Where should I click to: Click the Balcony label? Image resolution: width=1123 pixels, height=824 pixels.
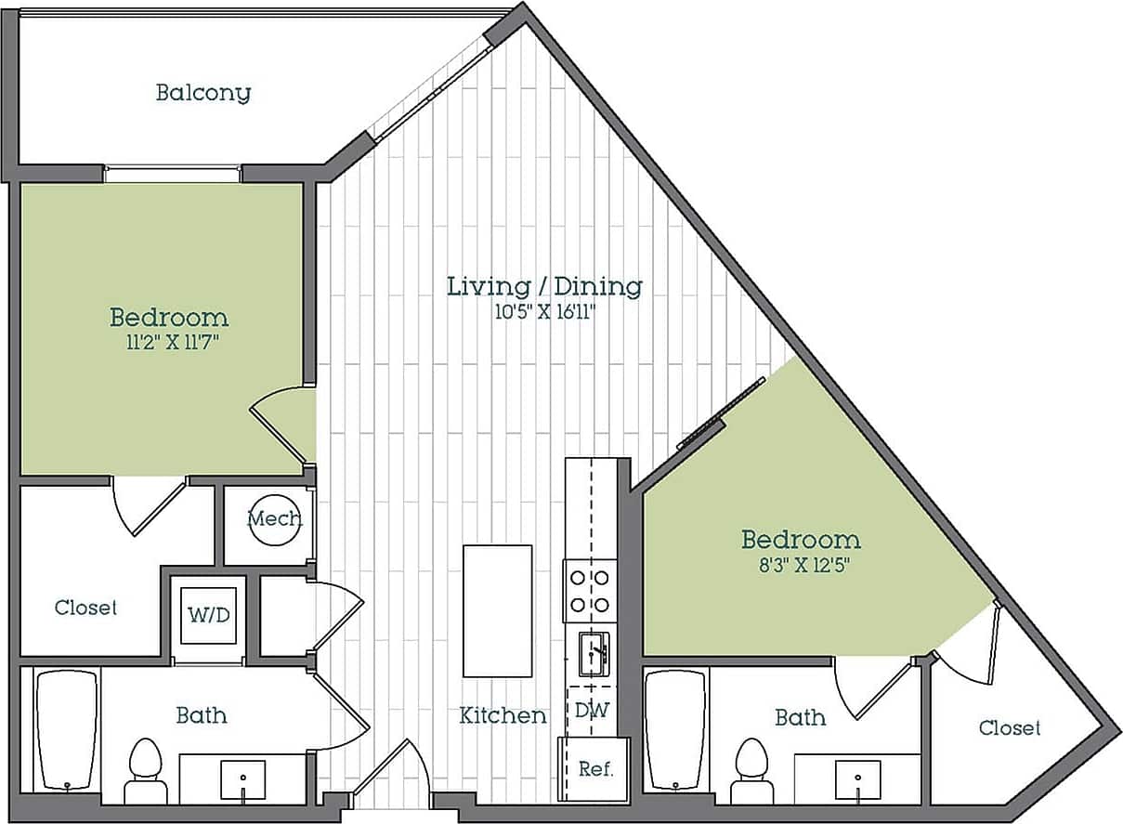pos(202,93)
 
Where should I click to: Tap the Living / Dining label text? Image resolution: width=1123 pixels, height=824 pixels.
pos(544,286)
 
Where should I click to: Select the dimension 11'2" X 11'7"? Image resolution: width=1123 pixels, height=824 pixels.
pos(168,342)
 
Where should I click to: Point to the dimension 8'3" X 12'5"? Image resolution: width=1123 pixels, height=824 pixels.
pos(800,563)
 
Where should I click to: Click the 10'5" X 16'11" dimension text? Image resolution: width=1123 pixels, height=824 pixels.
pos(544,312)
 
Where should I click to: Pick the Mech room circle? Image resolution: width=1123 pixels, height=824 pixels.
pos(274,519)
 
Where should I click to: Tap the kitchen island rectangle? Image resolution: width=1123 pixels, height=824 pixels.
pos(497,610)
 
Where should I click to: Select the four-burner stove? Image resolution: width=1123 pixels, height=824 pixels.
pos(590,591)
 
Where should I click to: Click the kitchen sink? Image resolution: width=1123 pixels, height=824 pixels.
pos(592,654)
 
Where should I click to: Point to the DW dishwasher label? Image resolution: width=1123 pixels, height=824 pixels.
pos(592,711)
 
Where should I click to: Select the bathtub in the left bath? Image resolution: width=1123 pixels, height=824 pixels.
pos(66,730)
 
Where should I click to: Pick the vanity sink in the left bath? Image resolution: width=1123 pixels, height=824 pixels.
pos(242,778)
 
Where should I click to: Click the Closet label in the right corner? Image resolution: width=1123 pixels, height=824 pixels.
pos(1010,728)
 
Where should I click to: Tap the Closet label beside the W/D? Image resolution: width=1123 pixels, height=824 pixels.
pos(85,608)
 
